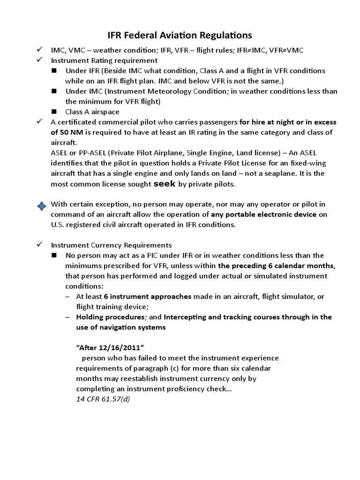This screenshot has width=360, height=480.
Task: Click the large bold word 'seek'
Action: tap(165, 184)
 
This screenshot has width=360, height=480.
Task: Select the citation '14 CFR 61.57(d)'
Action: tap(102, 399)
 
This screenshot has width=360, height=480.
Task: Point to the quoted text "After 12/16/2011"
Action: tap(109, 347)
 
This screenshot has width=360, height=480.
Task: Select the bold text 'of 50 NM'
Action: tap(66, 132)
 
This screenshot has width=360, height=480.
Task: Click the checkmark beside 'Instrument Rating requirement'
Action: tap(40, 60)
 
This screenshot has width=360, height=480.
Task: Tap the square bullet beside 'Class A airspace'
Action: tap(54, 112)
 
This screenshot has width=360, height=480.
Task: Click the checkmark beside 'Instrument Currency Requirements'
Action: tap(40, 245)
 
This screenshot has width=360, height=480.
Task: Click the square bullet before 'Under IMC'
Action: tap(54, 91)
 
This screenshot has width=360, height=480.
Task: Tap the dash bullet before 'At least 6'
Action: tap(68, 296)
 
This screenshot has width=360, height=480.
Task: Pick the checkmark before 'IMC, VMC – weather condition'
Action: tap(40, 50)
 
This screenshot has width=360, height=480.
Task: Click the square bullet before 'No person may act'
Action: tap(54, 255)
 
